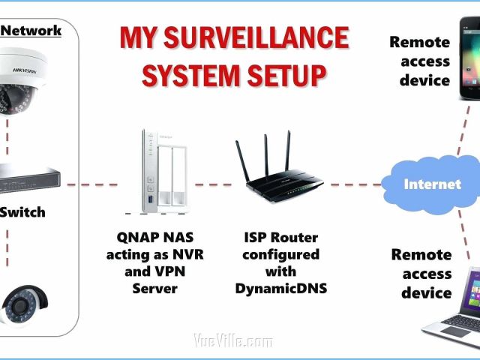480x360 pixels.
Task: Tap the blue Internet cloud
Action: [430, 184]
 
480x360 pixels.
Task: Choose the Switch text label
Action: [22, 212]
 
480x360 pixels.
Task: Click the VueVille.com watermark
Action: [233, 342]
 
